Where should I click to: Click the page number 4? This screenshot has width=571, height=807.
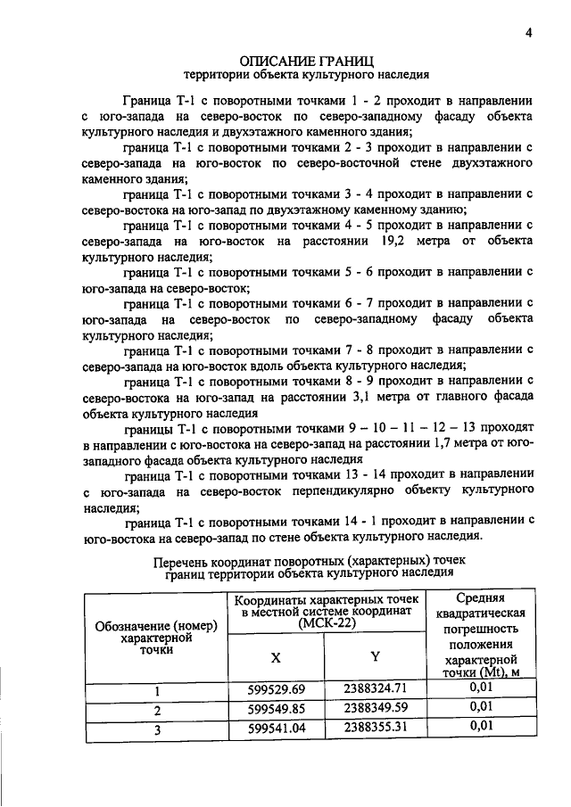pyautogui.click(x=529, y=34)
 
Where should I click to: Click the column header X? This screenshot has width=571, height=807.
pyautogui.click(x=276, y=656)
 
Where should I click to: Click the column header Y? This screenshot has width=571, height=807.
pyautogui.click(x=376, y=656)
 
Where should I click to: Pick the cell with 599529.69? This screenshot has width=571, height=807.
pyautogui.click(x=276, y=690)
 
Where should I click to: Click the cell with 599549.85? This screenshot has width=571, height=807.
pyautogui.click(x=276, y=709)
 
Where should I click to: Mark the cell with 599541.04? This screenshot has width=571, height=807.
pyautogui.click(x=276, y=728)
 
